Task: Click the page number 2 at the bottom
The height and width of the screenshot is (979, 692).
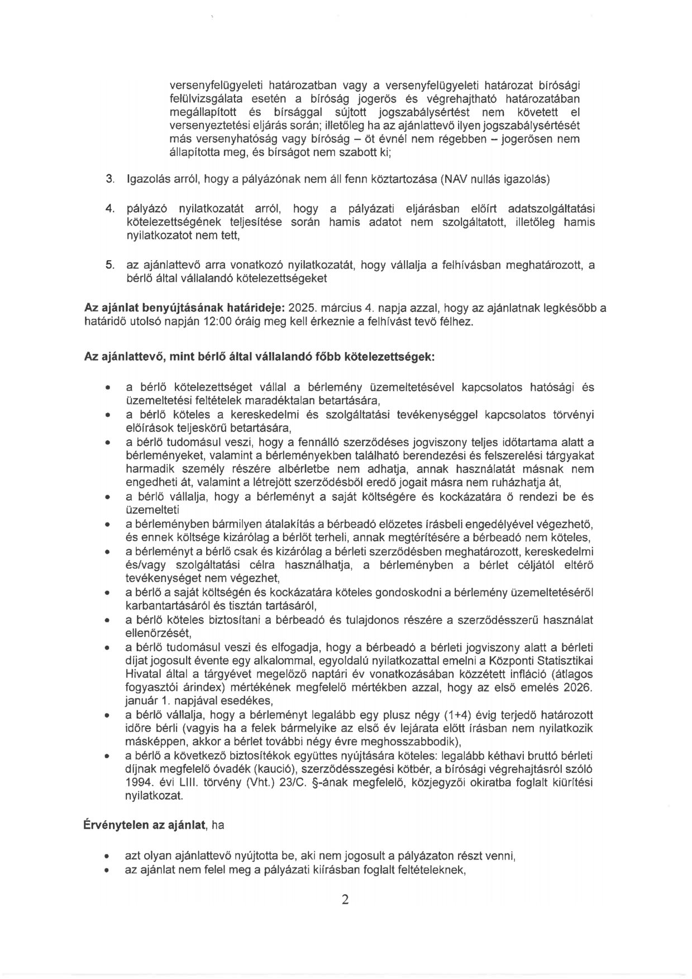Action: [345, 900]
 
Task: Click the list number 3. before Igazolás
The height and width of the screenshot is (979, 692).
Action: [110, 180]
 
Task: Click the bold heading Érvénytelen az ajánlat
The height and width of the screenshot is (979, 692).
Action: [145, 824]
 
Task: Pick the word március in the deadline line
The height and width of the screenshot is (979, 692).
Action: [342, 308]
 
